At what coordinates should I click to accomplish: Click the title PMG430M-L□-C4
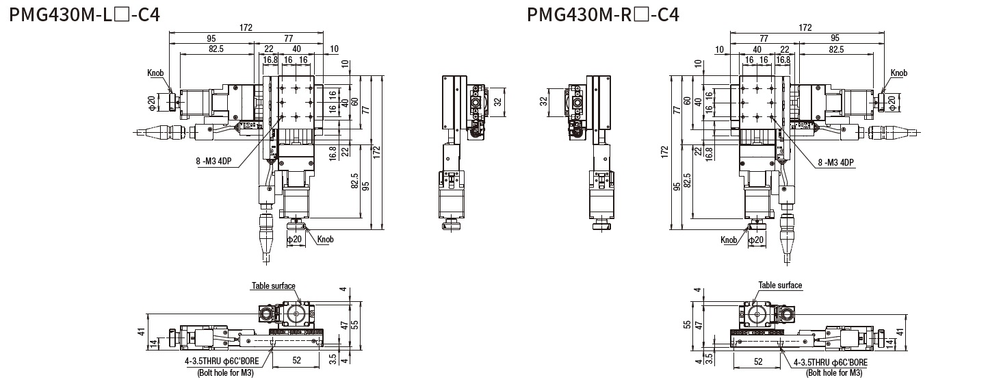(x=85, y=14)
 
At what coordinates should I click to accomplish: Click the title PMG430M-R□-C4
(x=603, y=14)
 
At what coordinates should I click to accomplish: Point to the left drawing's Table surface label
(x=274, y=285)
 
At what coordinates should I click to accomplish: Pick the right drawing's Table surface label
(x=780, y=285)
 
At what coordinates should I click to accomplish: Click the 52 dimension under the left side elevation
(x=296, y=359)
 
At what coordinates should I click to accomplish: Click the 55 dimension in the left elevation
(x=354, y=325)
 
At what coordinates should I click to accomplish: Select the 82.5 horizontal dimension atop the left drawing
(x=216, y=49)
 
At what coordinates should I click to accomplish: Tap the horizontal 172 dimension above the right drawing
(x=805, y=28)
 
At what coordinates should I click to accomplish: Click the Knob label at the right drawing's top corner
(x=899, y=73)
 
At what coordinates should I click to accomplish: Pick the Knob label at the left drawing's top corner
(x=155, y=73)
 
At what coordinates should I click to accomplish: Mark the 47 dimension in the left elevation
(x=344, y=326)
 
